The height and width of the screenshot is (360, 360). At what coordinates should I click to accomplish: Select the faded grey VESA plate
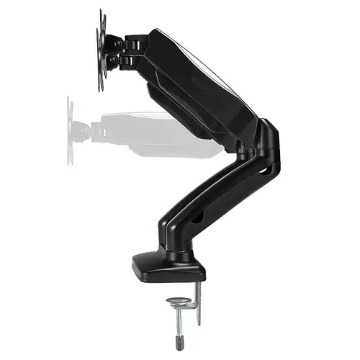tap(71, 130)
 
